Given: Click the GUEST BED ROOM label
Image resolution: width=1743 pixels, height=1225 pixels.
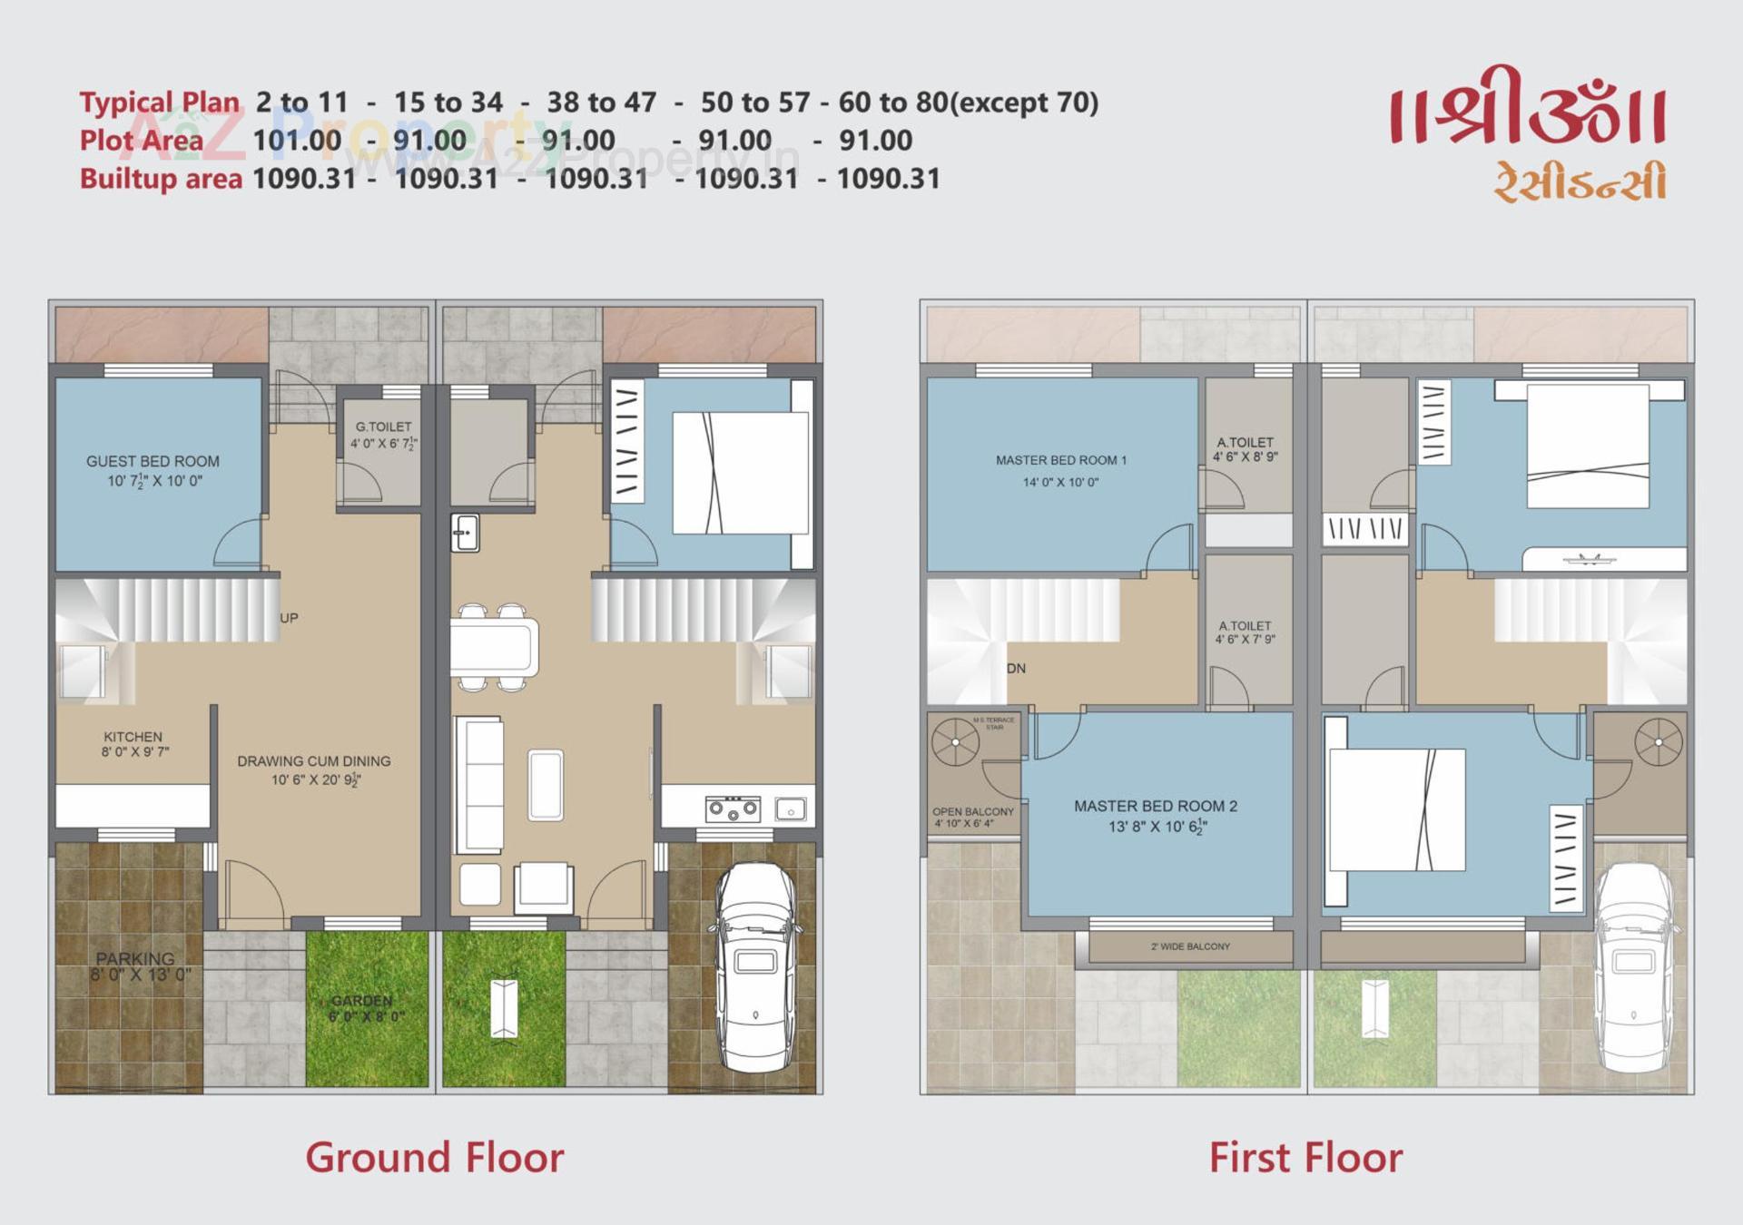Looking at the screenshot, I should click(153, 461).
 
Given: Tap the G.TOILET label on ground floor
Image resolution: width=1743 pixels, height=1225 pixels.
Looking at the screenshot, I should click(383, 426).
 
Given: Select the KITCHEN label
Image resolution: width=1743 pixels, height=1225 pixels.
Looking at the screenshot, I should click(133, 737).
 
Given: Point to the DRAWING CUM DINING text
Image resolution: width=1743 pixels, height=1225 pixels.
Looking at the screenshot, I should click(314, 761).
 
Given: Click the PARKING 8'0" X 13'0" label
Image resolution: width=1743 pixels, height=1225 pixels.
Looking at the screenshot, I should click(136, 965).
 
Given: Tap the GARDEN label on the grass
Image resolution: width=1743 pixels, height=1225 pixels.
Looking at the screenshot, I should click(362, 1000).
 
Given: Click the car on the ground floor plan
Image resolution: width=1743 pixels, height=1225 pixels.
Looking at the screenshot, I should click(754, 965).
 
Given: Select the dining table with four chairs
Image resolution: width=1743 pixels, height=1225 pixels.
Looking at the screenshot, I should click(494, 647).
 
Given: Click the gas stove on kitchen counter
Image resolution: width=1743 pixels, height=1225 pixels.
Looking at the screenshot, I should click(733, 808).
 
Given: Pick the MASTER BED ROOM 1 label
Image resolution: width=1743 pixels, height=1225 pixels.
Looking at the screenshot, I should click(1060, 460).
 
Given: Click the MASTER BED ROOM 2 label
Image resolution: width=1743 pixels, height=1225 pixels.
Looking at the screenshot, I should click(1156, 806).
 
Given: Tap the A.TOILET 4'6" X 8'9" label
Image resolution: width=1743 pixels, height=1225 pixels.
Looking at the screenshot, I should click(1245, 449).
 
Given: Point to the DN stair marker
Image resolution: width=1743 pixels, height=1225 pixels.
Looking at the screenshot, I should click(1016, 669).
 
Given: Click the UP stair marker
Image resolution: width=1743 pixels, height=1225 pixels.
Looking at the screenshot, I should click(289, 618).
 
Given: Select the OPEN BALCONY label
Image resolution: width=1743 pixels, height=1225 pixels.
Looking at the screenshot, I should click(972, 812).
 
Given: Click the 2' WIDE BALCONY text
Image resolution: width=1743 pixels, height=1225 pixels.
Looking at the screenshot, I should click(1190, 946).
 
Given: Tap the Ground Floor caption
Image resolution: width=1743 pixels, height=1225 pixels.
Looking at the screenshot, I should click(434, 1158).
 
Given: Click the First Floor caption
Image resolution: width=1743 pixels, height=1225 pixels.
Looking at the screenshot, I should click(1305, 1158).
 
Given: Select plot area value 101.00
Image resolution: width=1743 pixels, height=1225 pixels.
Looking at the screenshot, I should click(297, 141).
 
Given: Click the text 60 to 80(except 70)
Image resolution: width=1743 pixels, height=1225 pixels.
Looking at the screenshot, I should click(968, 103).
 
